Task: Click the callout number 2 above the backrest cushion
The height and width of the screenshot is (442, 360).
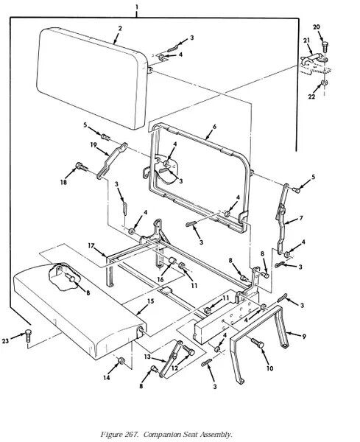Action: pyautogui.click(x=120, y=28)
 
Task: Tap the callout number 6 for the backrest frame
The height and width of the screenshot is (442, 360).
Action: pyautogui.click(x=215, y=127)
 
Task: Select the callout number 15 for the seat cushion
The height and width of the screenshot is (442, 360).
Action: pyautogui.click(x=151, y=301)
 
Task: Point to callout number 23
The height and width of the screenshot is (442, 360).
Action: pyautogui.click(x=6, y=341)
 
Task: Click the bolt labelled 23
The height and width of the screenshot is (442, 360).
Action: pyautogui.click(x=28, y=335)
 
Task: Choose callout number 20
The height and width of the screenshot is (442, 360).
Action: pyautogui.click(x=317, y=27)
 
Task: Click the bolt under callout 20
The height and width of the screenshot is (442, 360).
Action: pyautogui.click(x=324, y=46)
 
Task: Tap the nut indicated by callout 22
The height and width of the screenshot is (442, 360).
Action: pyautogui.click(x=324, y=83)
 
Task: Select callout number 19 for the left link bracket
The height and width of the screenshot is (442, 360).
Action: pyautogui.click(x=93, y=145)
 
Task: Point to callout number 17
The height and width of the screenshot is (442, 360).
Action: pyautogui.click(x=91, y=246)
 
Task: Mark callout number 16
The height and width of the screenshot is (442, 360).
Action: pyautogui.click(x=160, y=279)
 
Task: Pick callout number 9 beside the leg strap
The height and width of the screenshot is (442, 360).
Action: pyautogui.click(x=304, y=337)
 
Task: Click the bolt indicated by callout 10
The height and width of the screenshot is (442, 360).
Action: pyautogui.click(x=257, y=343)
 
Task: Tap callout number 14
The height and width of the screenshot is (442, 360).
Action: pyautogui.click(x=107, y=378)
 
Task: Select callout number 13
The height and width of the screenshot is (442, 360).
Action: pyautogui.click(x=147, y=357)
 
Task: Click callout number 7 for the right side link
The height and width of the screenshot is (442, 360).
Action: pyautogui.click(x=301, y=218)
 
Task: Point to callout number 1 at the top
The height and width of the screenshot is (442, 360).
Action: pyautogui.click(x=137, y=7)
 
